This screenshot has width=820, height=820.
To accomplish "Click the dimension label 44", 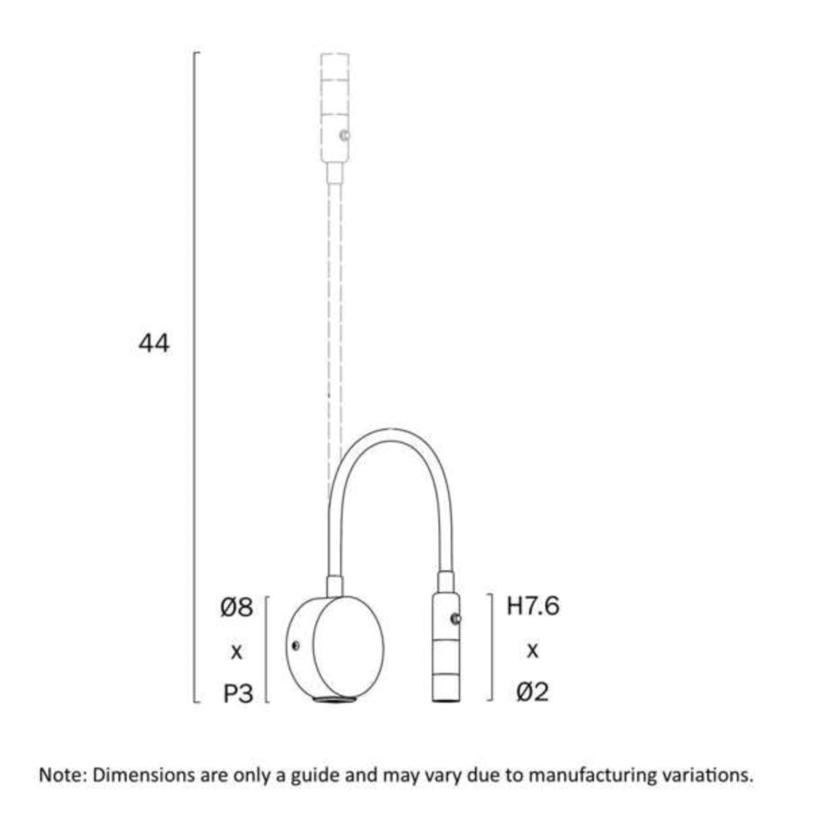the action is (x=154, y=343).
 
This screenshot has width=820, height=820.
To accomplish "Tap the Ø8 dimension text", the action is (x=236, y=607).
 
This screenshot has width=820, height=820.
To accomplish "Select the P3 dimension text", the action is (x=238, y=694).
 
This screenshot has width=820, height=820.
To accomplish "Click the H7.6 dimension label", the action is (x=533, y=606).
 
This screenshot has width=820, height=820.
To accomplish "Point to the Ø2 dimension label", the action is (x=532, y=692).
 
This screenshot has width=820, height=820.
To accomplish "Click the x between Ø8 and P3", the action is (x=236, y=652).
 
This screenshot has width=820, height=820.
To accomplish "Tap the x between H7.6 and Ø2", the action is (x=532, y=651).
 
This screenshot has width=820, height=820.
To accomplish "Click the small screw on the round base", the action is (x=296, y=646).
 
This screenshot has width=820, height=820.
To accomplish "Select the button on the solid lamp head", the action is (x=456, y=619).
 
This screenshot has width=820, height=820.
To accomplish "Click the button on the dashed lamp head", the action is (x=345, y=135).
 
